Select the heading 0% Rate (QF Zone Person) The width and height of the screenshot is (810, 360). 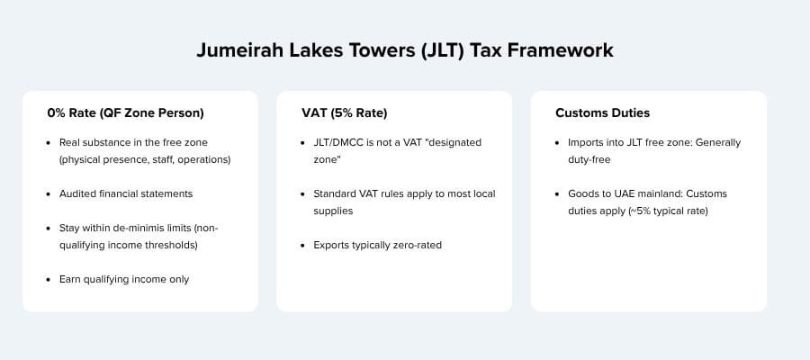click(x=126, y=113)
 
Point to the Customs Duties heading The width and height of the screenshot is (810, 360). click(x=603, y=113)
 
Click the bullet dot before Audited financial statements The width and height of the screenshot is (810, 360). click(x=49, y=193)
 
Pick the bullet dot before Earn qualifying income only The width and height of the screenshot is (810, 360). click(x=49, y=279)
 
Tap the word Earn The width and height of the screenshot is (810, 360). click(x=72, y=279)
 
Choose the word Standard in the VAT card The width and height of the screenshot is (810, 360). click(x=337, y=193)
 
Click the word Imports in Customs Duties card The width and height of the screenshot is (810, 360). click(x=589, y=143)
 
